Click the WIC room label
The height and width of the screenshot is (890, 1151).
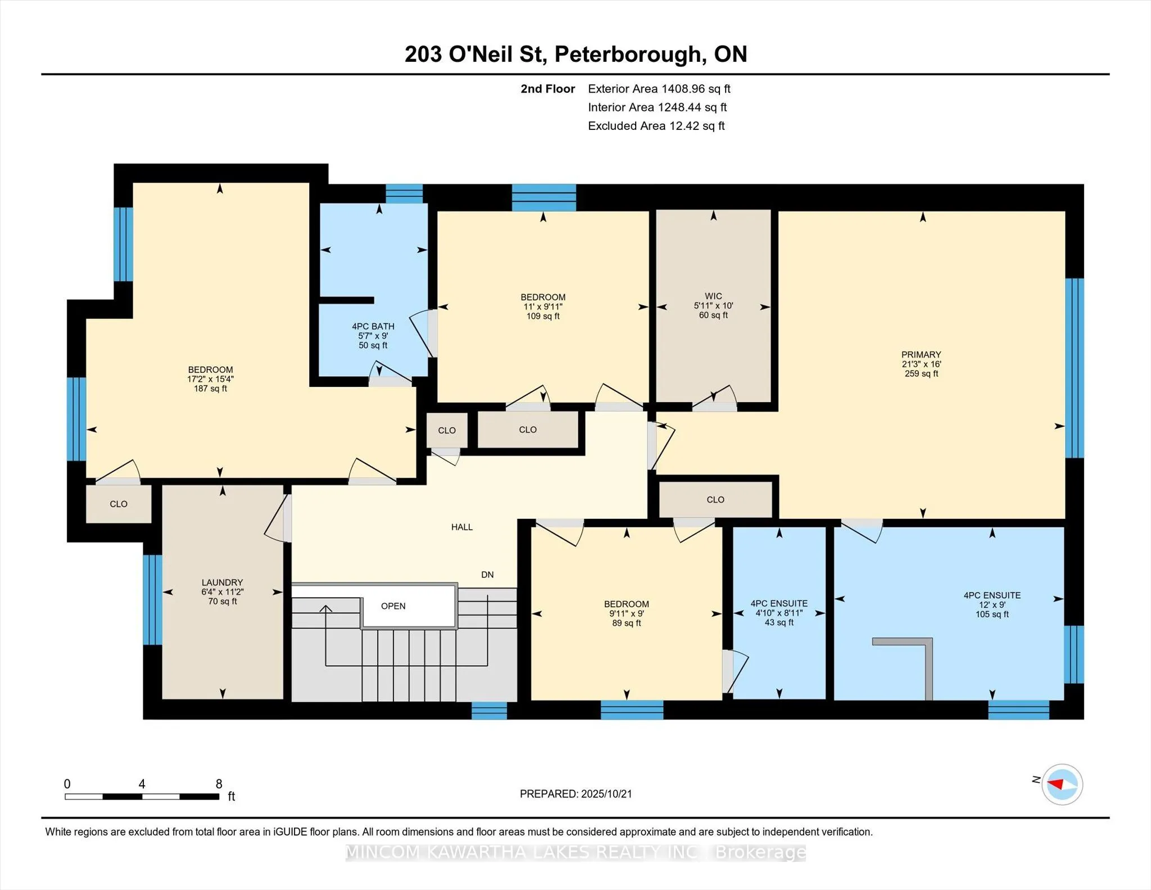713,296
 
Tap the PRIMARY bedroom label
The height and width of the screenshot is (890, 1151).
921,354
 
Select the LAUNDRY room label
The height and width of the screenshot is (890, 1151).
223,582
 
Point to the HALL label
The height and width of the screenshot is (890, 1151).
462,527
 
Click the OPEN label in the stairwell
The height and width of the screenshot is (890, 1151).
393,606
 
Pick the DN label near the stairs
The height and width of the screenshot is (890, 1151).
487,575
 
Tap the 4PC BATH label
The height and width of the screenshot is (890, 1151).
373,326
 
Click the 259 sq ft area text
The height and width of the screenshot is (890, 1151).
922,373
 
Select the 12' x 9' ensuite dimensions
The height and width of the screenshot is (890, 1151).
993,605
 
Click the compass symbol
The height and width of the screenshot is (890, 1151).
1062,784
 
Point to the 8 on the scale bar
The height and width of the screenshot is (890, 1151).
219,784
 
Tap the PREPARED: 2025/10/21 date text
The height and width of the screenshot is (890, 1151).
576,794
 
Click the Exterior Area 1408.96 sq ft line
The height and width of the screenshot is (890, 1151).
659,89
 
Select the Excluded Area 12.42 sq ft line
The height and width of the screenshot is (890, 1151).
656,126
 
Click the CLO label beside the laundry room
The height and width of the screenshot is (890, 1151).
119,504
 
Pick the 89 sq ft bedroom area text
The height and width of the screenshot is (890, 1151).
627,623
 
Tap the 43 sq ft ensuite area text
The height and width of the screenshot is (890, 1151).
780,622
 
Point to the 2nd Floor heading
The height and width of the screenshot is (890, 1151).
548,89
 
